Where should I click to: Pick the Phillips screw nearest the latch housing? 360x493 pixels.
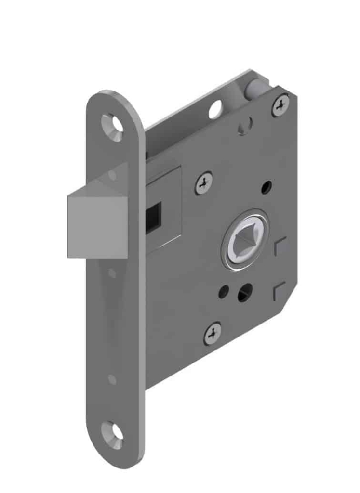204,183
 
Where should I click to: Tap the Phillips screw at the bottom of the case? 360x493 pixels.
213,333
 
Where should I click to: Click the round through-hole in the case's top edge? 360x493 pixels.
215,108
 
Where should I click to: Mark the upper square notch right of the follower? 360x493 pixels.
280,246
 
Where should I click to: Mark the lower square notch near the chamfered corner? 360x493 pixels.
280,291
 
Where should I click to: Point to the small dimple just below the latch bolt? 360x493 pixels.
112,273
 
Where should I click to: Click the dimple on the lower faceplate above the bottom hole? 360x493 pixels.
112,379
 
